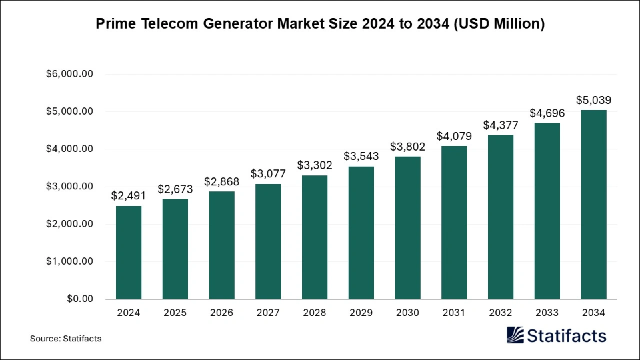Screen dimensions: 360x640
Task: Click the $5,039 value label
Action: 593,100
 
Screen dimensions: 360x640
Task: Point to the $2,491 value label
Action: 128,195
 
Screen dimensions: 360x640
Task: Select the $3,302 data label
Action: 314,165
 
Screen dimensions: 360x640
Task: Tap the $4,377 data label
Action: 500,125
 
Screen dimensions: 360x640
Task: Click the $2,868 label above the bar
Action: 221,181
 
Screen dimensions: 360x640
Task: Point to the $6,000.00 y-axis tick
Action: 69,74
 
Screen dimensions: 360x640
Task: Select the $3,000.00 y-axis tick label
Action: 69,187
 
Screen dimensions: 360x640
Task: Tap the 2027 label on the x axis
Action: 268,313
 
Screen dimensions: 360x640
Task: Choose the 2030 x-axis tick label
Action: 407,313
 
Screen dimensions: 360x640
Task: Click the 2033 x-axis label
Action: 547,313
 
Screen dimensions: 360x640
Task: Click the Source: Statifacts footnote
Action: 65,339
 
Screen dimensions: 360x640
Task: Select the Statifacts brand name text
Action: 567,335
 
